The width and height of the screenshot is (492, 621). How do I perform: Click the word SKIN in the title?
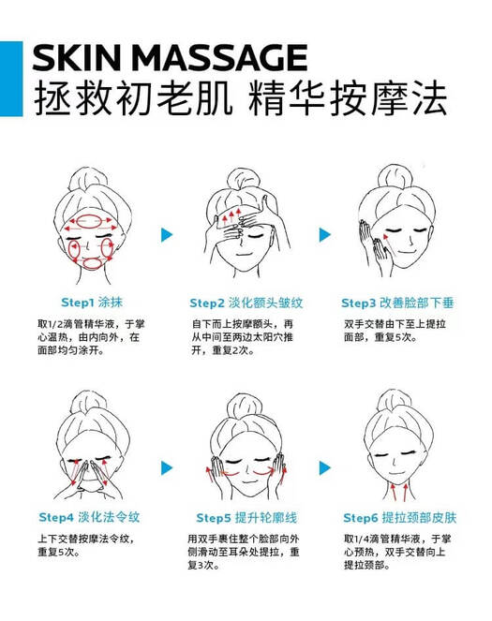[76, 57]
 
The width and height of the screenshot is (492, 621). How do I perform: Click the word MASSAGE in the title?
[219, 57]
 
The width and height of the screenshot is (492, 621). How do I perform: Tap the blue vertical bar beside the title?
[11, 79]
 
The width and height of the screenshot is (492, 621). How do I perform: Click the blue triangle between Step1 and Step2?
[167, 235]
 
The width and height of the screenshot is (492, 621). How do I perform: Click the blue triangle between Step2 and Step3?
[325, 235]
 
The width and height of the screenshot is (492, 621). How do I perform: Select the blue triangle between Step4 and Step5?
[167, 468]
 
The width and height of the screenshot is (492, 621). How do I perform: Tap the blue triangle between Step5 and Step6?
[325, 468]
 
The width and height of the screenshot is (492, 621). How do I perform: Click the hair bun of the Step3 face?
[394, 177]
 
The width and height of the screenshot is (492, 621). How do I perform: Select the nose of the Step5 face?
[247, 470]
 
